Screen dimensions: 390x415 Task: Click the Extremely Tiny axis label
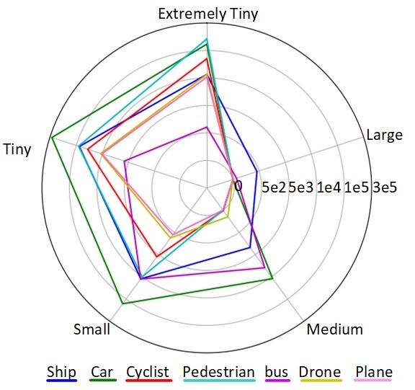[x=207, y=13]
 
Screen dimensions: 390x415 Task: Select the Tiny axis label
[x=17, y=150]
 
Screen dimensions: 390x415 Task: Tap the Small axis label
[x=92, y=329]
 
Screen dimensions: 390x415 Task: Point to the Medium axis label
[x=334, y=329]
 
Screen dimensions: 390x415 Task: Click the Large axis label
[x=384, y=135]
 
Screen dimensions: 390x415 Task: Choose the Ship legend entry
[x=62, y=372]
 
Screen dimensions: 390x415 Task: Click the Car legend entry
[x=101, y=372]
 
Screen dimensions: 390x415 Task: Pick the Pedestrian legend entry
[x=219, y=372]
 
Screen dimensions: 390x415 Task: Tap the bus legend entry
[x=277, y=372]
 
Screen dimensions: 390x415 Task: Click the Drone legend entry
[x=320, y=372]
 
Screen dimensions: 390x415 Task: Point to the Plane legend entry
[x=374, y=372]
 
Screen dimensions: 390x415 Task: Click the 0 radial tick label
[x=238, y=186]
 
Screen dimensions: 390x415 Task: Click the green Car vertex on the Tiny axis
[x=52, y=137]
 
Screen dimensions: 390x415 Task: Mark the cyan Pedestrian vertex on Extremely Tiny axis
[x=207, y=37]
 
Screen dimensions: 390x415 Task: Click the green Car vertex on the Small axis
[x=122, y=304]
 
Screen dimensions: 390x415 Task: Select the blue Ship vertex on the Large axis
[x=257, y=172]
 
